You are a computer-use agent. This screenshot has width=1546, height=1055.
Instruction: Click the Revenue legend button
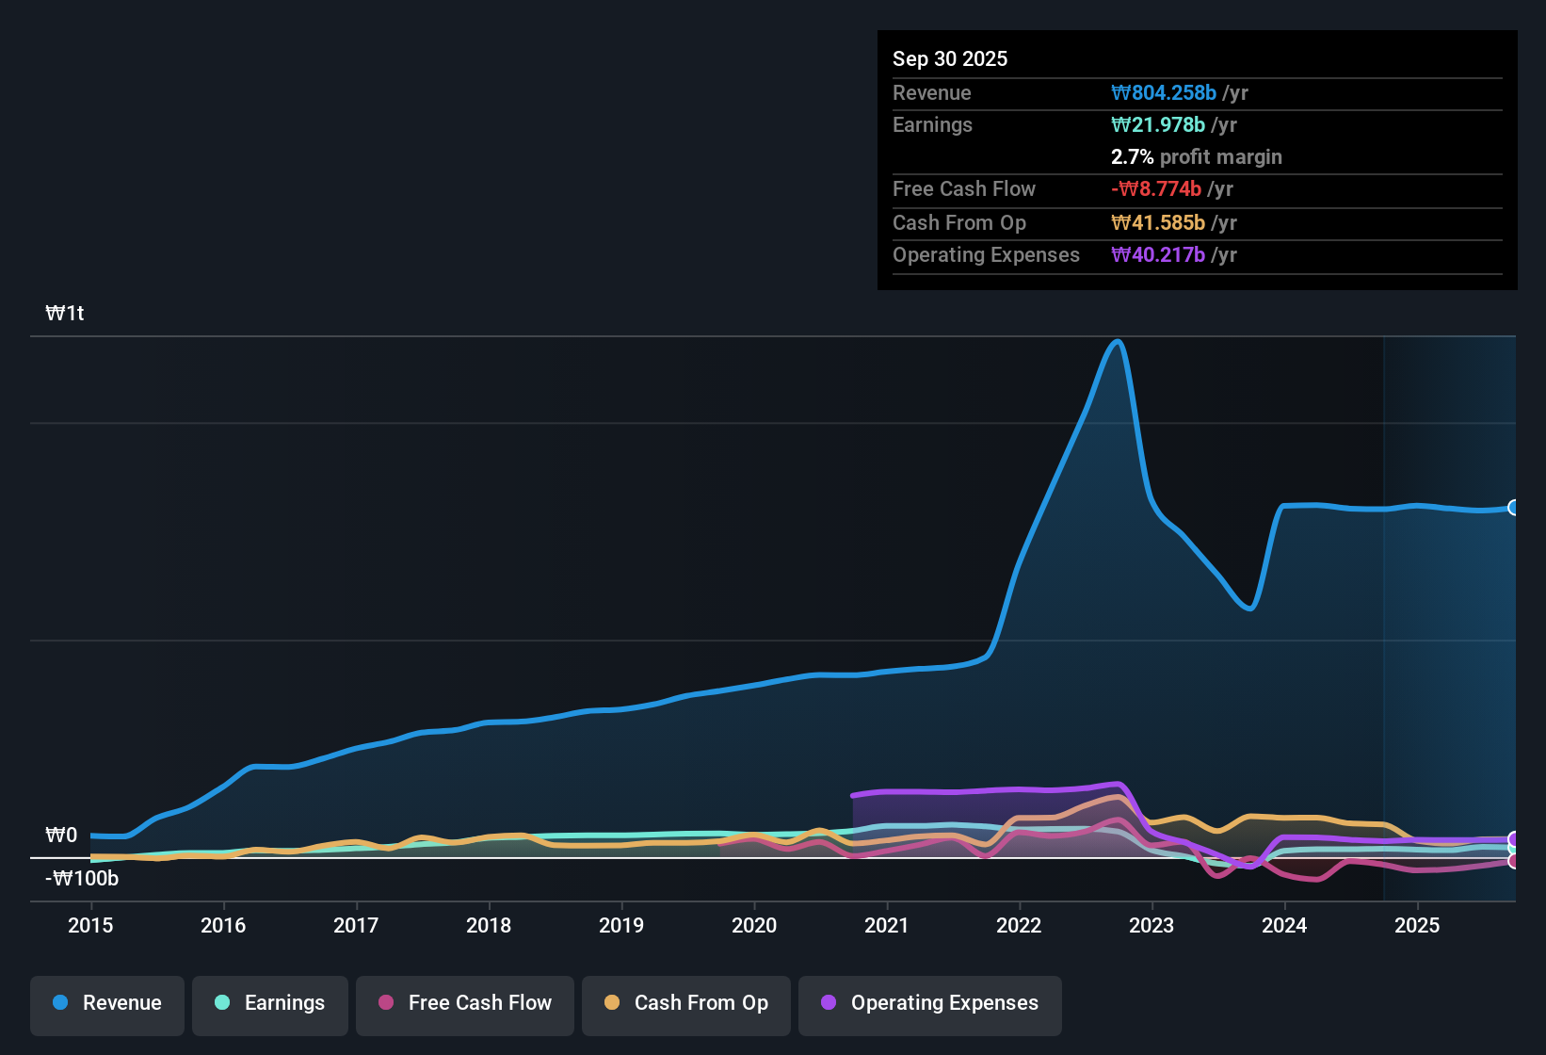[x=107, y=1003]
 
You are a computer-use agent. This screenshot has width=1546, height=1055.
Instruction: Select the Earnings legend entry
[x=270, y=1003]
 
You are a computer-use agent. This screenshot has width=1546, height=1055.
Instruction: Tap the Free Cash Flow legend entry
[x=465, y=1003]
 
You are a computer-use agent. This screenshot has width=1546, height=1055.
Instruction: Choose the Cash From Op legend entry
[x=686, y=1003]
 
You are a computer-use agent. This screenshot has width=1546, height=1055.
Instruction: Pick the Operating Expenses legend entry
[x=930, y=1003]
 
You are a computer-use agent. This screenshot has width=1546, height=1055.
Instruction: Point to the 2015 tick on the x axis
[x=90, y=925]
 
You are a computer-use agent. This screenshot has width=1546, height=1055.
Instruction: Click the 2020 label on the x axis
[x=754, y=925]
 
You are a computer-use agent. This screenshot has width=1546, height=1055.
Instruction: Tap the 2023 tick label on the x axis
[x=1151, y=925]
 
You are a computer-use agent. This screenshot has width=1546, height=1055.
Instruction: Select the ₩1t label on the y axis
[x=65, y=314]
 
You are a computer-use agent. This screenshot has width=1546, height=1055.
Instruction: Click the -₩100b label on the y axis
[x=82, y=879]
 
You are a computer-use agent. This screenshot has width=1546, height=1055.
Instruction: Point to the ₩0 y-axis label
[x=61, y=836]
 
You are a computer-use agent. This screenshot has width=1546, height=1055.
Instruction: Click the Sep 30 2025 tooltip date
[x=949, y=58]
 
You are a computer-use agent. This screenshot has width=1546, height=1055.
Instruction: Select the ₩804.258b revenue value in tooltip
[x=1164, y=92]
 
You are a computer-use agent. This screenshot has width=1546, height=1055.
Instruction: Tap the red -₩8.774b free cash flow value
[x=1156, y=188]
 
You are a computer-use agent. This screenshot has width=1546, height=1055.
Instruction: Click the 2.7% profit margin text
[x=1196, y=156]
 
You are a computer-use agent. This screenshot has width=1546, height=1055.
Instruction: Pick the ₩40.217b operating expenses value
[x=1158, y=254]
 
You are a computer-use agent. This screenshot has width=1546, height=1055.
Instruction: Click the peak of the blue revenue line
[x=1118, y=342]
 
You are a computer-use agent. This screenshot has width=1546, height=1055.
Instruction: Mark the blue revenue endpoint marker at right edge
[x=1513, y=508]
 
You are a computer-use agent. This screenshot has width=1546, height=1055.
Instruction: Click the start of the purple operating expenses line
[x=853, y=796]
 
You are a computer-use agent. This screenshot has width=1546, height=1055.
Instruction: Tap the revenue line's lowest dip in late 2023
[x=1249, y=609]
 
